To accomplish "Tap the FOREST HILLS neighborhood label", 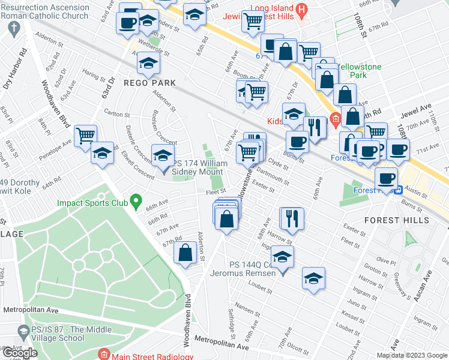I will click(396, 220).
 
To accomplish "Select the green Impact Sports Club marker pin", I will click(136, 201).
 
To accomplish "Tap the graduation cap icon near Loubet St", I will click(313, 278).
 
